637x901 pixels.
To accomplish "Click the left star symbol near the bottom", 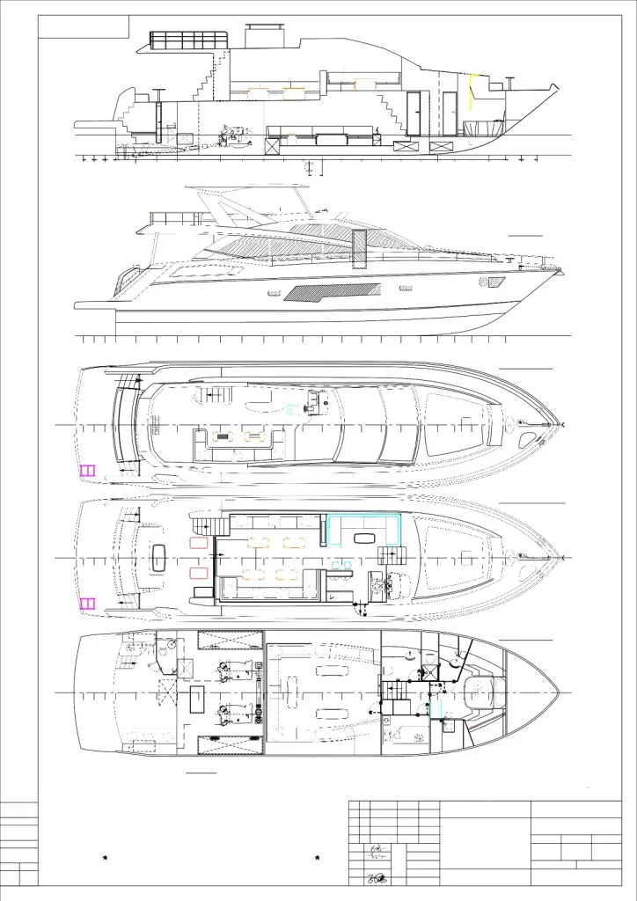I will pyautogui.click(x=105, y=857).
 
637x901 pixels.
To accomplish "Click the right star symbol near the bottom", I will pyautogui.click(x=317, y=857).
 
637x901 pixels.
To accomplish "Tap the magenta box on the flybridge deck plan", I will pyautogui.click(x=87, y=470).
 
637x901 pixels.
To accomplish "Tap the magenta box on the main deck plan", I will pyautogui.click(x=87, y=604).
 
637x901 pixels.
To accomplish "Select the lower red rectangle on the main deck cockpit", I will pyautogui.click(x=199, y=574).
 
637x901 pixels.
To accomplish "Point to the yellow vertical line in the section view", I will pyautogui.click(x=471, y=92).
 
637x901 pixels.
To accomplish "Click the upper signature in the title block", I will pyautogui.click(x=377, y=850).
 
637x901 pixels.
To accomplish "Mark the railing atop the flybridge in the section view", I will pyautogui.click(x=185, y=41).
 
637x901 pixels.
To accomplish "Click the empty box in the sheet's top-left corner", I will pyautogui.click(x=84, y=26).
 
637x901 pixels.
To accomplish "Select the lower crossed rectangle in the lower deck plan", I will pyautogui.click(x=231, y=745).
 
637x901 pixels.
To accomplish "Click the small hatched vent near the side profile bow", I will pyautogui.click(x=495, y=282).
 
